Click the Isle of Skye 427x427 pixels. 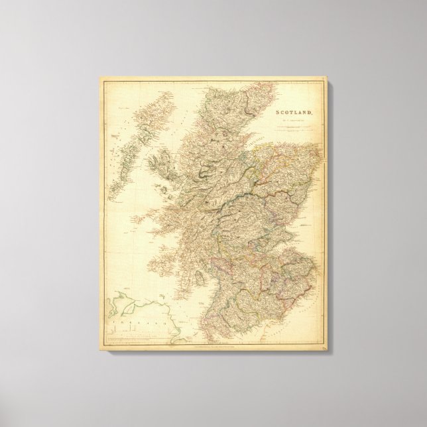click(x=161, y=162)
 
